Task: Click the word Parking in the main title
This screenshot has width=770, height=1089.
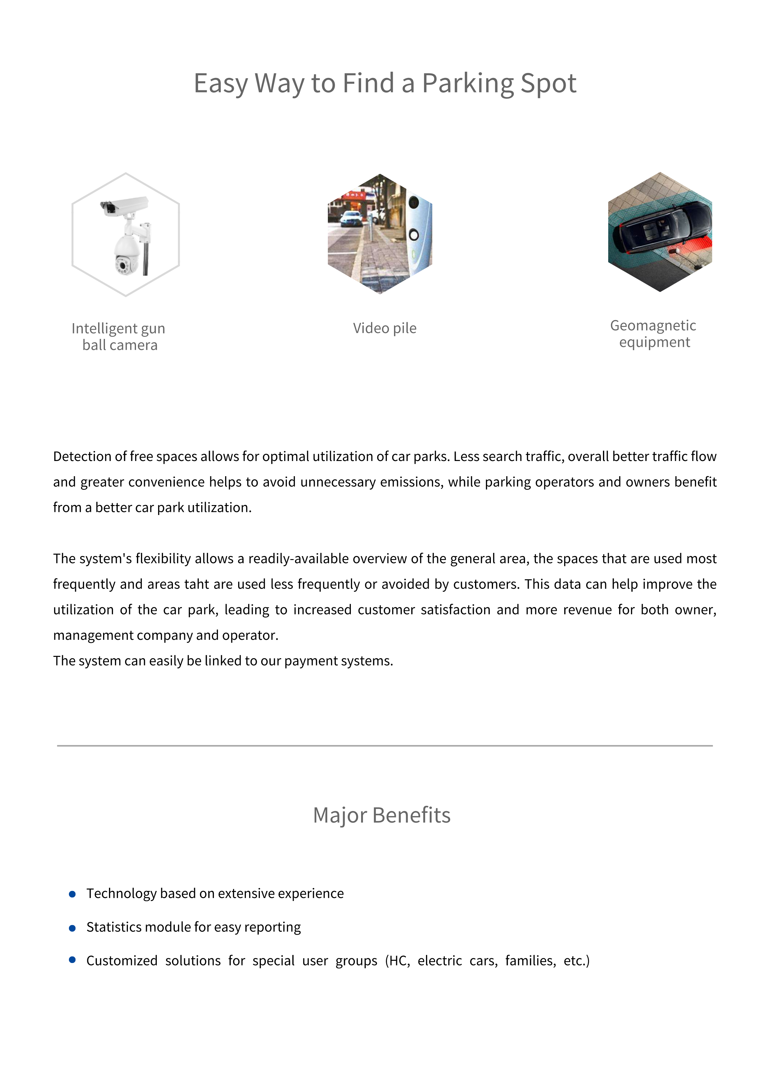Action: click(468, 84)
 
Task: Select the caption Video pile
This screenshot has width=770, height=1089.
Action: click(384, 328)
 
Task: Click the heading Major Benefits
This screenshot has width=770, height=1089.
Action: click(382, 815)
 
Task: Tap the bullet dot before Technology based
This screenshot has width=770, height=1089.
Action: click(72, 894)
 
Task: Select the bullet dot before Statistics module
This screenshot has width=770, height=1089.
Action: click(72, 928)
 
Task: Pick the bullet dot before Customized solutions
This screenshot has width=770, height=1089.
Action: click(72, 960)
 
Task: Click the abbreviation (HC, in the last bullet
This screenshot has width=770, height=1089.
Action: click(397, 960)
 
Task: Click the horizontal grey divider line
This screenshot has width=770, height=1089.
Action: click(385, 746)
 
